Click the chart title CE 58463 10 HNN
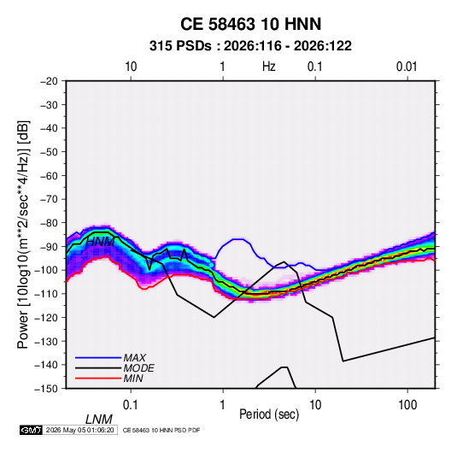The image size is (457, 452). click(250, 24)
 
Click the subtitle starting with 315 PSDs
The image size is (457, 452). click(250, 46)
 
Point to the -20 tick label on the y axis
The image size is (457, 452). click(49, 81)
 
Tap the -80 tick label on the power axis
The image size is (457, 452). click(49, 223)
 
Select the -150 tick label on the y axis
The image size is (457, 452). click(46, 389)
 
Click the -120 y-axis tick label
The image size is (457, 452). click(46, 317)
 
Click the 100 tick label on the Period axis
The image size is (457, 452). click(407, 405)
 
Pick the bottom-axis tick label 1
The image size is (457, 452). click(223, 405)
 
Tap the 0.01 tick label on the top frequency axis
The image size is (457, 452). click(407, 67)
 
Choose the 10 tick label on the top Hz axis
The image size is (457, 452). click(131, 67)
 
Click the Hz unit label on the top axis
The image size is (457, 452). click(269, 67)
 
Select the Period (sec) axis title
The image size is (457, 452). click(269, 414)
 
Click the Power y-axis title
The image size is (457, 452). click(23, 234)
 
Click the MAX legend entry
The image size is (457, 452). click(134, 357)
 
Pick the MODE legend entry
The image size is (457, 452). click(138, 368)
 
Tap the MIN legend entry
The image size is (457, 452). click(133, 379)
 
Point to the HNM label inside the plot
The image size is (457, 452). click(100, 242)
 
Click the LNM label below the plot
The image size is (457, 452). click(98, 420)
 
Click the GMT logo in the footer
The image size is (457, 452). click(31, 430)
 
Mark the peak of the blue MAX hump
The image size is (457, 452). click(239, 239)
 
